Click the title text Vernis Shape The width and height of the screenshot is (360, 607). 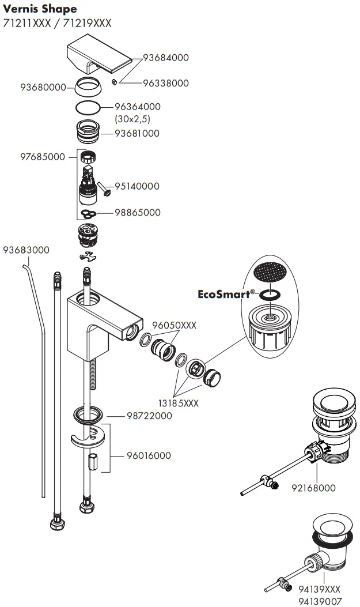(40, 9)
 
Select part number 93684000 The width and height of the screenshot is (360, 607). (165, 58)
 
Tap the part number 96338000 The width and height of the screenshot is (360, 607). (165, 83)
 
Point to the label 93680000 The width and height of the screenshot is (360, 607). (43, 88)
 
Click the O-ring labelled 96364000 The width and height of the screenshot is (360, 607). (88, 107)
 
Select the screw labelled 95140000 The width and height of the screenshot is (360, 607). (104, 188)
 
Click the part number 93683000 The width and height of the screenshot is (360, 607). (26, 250)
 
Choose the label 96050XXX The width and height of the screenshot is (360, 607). (175, 325)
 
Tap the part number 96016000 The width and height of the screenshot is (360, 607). (149, 455)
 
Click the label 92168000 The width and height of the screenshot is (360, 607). (313, 488)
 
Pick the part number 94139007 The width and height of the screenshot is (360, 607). (319, 600)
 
